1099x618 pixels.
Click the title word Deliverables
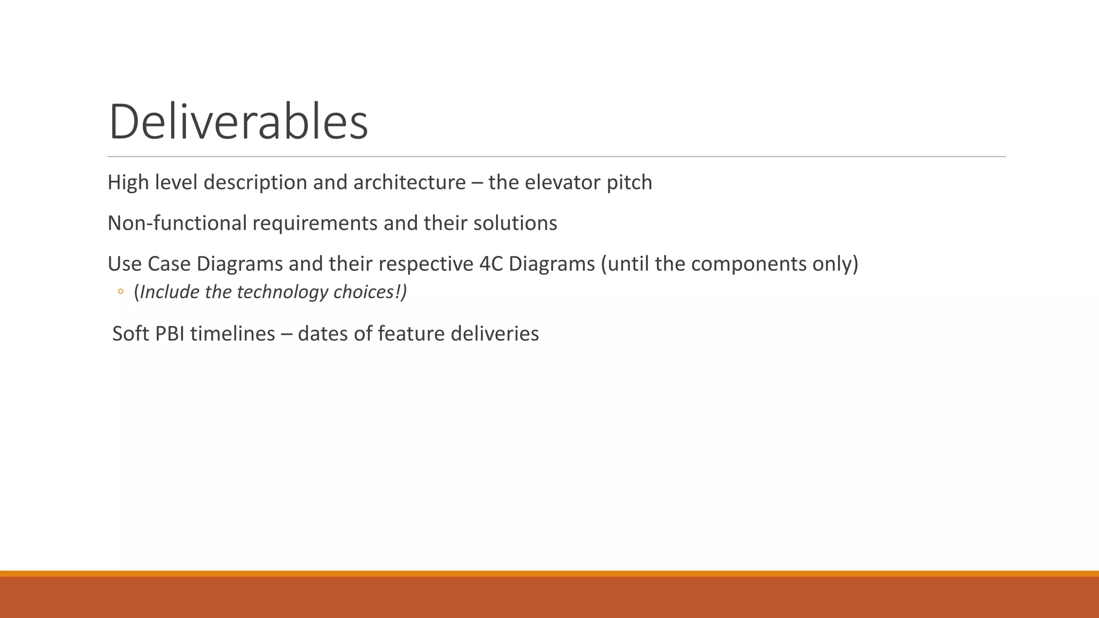238,122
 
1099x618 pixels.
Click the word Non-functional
177,223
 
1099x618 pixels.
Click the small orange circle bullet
121,292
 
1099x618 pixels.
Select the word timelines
232,334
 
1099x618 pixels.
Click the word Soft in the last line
130,334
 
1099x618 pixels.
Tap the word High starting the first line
128,182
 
